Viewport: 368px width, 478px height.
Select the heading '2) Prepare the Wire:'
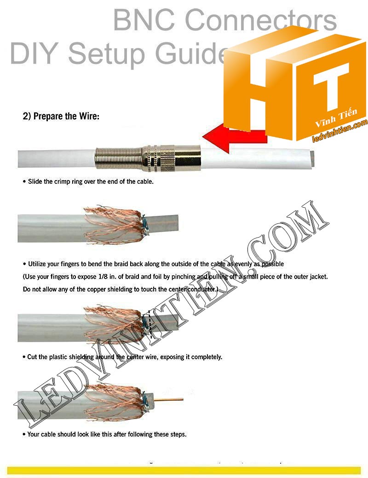pyautogui.click(x=61, y=117)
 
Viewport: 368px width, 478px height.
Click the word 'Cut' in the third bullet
pyautogui.click(x=33, y=357)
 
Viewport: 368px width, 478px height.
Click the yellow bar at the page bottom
pyautogui.click(x=184, y=470)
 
